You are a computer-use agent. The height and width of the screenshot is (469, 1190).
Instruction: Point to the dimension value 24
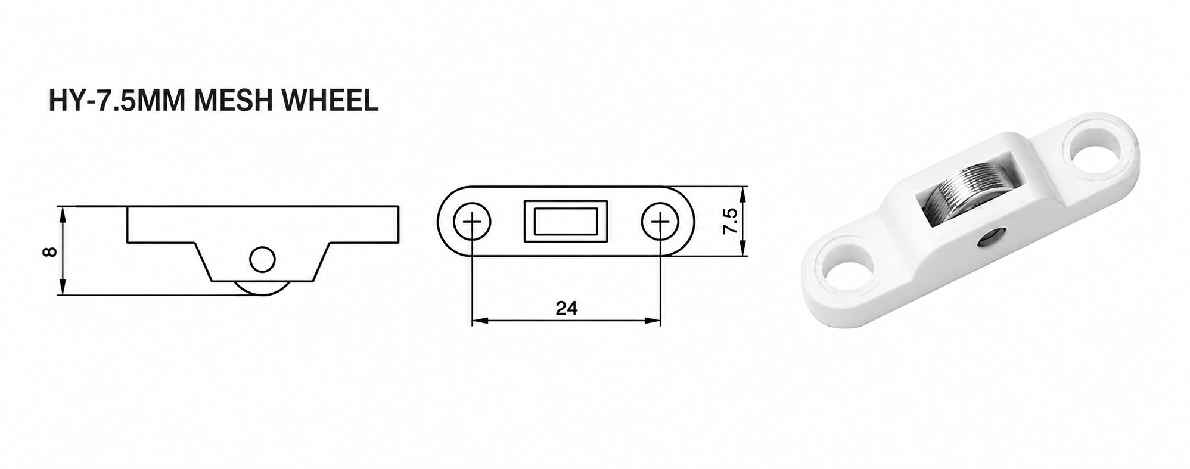[x=566, y=308]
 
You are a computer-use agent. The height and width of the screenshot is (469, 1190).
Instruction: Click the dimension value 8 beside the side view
[x=51, y=251]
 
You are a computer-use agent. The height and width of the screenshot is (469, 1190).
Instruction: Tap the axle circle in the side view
[x=262, y=260]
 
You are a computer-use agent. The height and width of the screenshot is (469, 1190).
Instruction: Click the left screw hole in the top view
[x=472, y=222]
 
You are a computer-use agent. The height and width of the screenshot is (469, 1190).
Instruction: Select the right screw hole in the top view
[x=660, y=222]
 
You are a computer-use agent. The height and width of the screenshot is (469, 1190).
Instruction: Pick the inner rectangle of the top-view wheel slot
[x=566, y=221]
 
